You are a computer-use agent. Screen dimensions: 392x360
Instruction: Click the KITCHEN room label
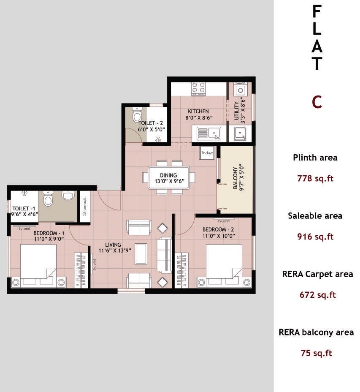click(198, 112)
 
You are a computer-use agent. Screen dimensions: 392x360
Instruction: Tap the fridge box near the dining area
click(207, 152)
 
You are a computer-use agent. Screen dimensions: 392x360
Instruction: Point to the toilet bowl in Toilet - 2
click(137, 114)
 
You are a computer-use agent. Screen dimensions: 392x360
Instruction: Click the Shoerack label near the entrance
click(84, 207)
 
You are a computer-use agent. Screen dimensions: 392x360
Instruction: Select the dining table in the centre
click(168, 177)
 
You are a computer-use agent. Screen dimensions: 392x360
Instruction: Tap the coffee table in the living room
click(141, 253)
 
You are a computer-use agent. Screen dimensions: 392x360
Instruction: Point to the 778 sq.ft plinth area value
click(315, 178)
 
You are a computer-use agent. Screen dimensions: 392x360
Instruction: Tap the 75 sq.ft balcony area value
click(316, 353)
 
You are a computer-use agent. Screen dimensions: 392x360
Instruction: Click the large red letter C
click(317, 102)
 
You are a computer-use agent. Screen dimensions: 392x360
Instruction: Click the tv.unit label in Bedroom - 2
click(224, 220)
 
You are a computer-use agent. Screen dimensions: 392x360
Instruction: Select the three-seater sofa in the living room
click(164, 255)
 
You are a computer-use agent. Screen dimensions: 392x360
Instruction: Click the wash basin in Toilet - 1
click(68, 196)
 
